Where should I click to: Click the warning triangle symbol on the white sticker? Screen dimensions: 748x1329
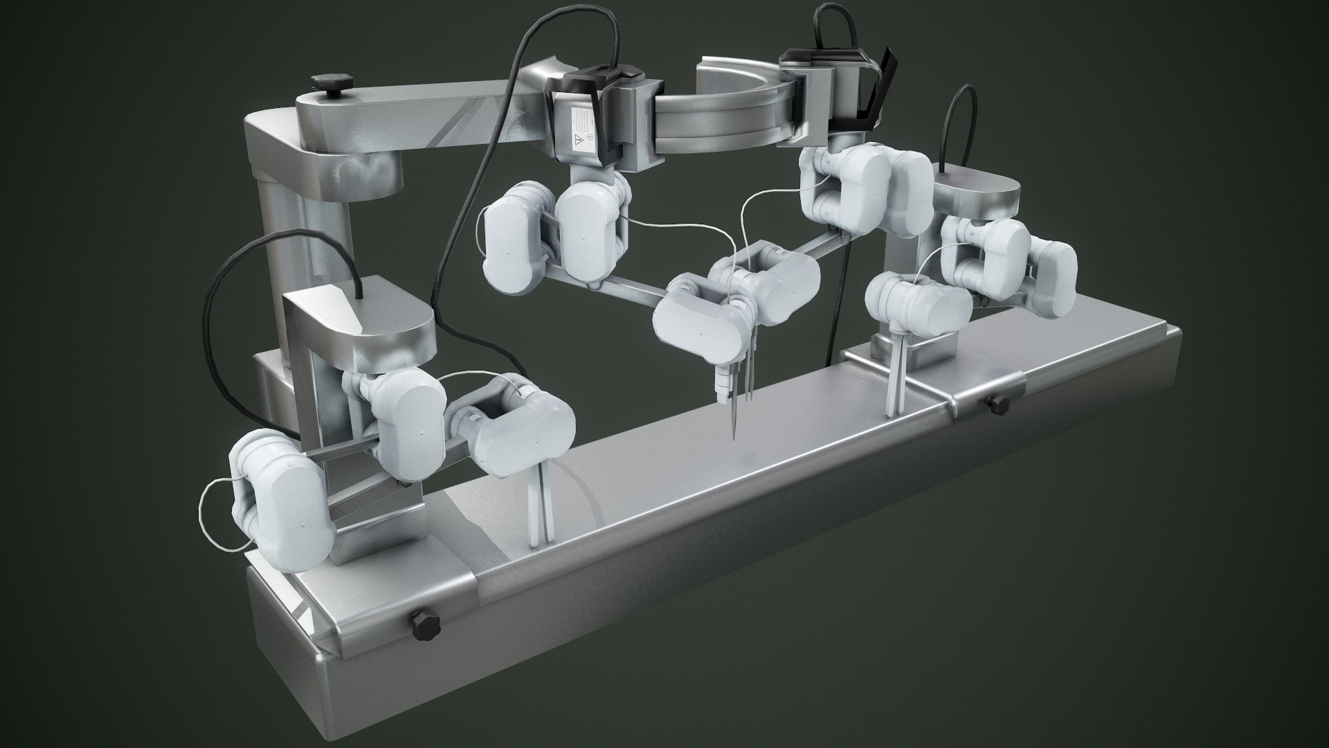click(576, 139)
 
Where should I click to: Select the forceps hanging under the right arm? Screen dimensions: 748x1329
click(896, 377)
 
